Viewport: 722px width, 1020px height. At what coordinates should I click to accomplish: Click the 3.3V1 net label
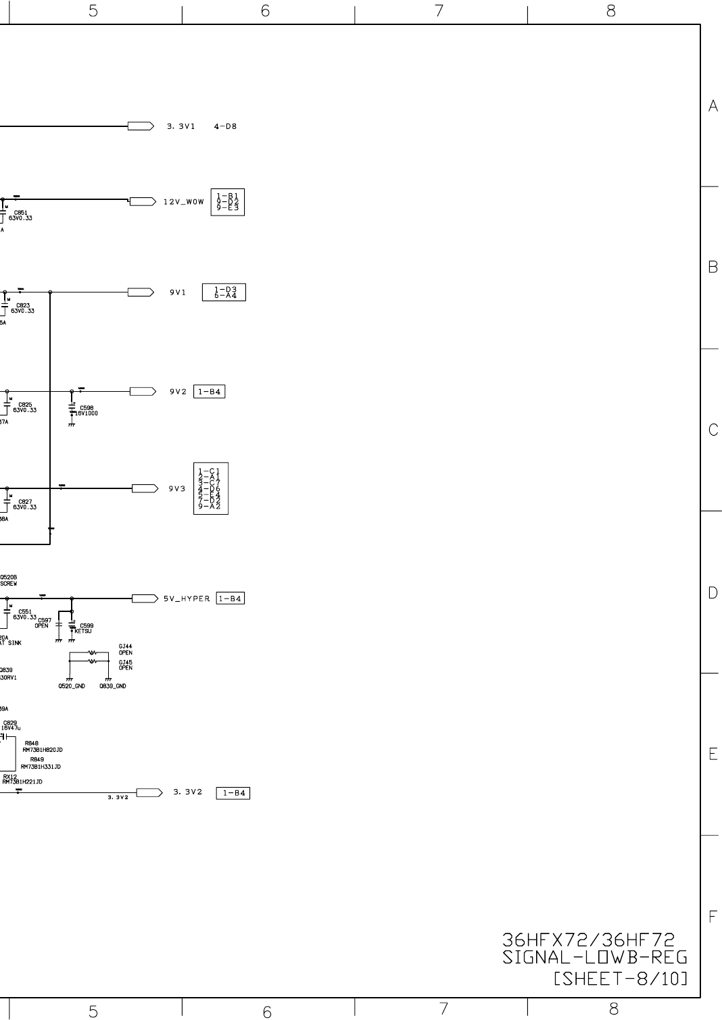pyautogui.click(x=180, y=126)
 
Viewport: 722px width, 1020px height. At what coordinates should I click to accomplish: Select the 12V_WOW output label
pyautogui.click(x=183, y=202)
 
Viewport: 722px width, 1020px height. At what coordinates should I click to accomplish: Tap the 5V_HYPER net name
pyautogui.click(x=187, y=598)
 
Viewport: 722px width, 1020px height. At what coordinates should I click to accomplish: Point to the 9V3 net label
pyautogui.click(x=177, y=489)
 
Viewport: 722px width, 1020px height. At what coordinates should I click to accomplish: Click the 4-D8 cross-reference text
pyautogui.click(x=225, y=126)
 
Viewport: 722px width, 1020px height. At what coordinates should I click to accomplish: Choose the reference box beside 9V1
pyautogui.click(x=224, y=292)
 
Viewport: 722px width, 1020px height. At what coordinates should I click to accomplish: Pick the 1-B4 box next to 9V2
pyautogui.click(x=209, y=392)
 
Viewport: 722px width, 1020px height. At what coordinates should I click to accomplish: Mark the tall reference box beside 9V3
pyautogui.click(x=210, y=488)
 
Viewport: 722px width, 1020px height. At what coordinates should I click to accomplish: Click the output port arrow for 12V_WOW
pyautogui.click(x=142, y=201)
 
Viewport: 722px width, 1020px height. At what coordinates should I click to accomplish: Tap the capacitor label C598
pyautogui.click(x=87, y=408)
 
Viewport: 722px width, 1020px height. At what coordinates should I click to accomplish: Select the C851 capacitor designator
pyautogui.click(x=18, y=213)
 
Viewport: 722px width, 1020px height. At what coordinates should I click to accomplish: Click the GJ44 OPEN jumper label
pyautogui.click(x=125, y=649)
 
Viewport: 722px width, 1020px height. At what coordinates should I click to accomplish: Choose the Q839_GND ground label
pyautogui.click(x=112, y=686)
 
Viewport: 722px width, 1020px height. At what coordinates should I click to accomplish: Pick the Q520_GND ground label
pyautogui.click(x=71, y=686)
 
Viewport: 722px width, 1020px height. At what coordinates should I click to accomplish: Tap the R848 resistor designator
pyautogui.click(x=31, y=743)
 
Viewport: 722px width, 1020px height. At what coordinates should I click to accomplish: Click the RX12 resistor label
pyautogui.click(x=9, y=777)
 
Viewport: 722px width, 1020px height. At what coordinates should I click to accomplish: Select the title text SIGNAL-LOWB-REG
pyautogui.click(x=595, y=958)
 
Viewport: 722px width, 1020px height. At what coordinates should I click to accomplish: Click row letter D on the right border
pyautogui.click(x=713, y=593)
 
